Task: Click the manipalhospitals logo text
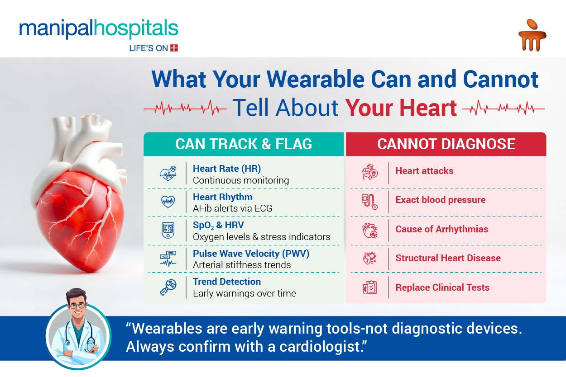[x=99, y=29]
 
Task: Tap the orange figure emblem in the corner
[x=532, y=35]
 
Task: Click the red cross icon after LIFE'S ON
[x=174, y=48]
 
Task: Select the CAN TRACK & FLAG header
[x=244, y=144]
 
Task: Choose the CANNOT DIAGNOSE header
[x=446, y=144]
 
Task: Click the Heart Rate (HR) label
[x=227, y=169]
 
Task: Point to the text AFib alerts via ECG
[x=232, y=208]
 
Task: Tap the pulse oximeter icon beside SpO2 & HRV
[x=168, y=230]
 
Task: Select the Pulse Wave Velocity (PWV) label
[x=251, y=254]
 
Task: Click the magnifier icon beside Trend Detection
[x=168, y=287]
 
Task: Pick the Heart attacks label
[x=425, y=171]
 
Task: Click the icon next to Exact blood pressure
[x=369, y=202]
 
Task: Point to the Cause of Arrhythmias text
[x=441, y=229]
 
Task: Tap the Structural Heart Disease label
[x=448, y=258]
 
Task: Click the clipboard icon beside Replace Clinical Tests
[x=369, y=287]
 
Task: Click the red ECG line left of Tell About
[x=185, y=108]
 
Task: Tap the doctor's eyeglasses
[x=77, y=306]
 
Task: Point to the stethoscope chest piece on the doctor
[x=67, y=343]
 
